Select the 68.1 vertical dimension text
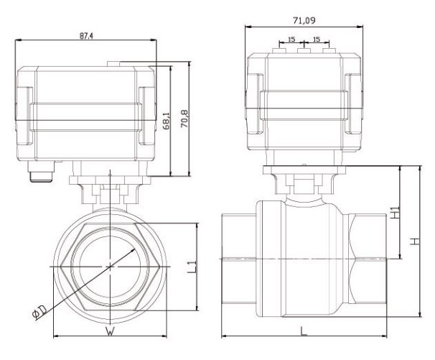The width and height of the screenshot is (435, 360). (167, 120)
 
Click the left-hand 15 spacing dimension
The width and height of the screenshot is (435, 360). (291, 40)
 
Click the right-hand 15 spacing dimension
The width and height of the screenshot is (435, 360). (316, 40)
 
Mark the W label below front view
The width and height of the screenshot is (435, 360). (110, 331)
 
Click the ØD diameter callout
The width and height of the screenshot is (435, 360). (41, 311)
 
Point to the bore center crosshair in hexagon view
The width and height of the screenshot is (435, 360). (109, 266)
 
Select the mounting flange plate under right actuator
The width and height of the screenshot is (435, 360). (304, 170)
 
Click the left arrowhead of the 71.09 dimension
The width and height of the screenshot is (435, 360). (248, 27)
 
